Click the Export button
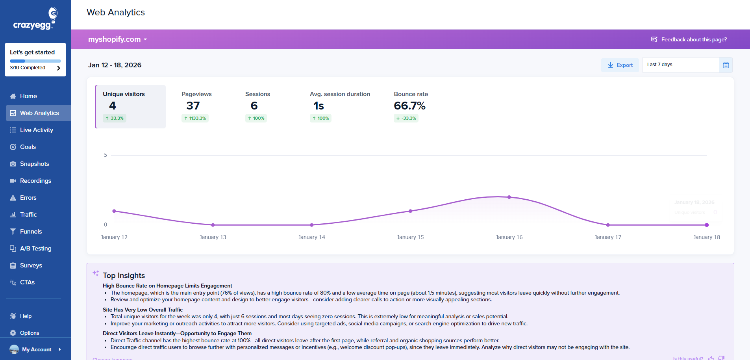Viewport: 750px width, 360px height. pos(620,65)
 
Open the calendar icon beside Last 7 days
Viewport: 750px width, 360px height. pos(726,65)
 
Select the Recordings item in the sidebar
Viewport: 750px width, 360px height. pos(35,181)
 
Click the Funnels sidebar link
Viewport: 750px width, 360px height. pos(31,232)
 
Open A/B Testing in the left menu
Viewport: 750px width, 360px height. pos(35,249)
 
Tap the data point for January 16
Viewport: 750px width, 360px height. pos(509,197)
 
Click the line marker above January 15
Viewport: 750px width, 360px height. pos(410,211)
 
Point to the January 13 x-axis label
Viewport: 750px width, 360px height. pos(213,237)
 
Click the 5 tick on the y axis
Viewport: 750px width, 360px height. pos(106,155)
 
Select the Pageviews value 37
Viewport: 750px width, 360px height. pos(193,106)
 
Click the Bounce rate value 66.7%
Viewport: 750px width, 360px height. pos(409,106)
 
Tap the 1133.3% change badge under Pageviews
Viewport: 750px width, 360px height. pos(195,118)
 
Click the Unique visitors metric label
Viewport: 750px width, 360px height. pos(124,94)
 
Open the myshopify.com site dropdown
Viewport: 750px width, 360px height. pos(117,39)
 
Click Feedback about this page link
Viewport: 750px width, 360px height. pos(693,39)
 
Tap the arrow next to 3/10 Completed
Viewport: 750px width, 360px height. pos(59,68)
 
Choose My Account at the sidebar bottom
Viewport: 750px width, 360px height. pos(36,349)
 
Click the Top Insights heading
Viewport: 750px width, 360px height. pos(124,276)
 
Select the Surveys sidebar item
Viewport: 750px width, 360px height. pos(31,265)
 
